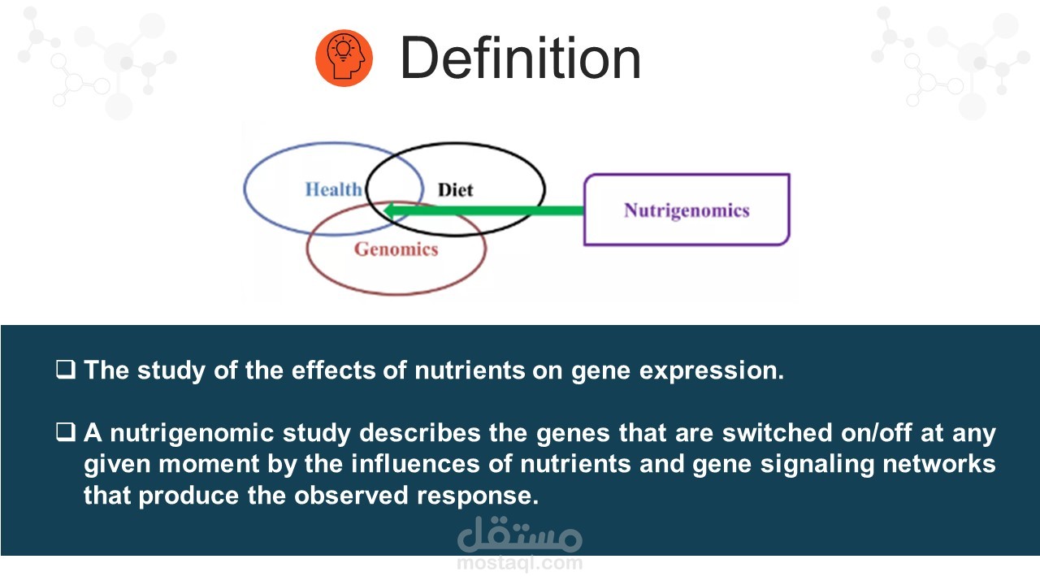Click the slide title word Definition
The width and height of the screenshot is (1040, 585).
tap(521, 58)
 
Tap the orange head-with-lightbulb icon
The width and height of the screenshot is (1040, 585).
tap(344, 58)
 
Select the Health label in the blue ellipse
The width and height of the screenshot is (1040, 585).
tap(333, 189)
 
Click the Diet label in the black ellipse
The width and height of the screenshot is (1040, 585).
tap(456, 190)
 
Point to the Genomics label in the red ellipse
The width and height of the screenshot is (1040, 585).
tap(396, 249)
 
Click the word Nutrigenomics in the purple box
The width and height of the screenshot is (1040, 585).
tap(687, 210)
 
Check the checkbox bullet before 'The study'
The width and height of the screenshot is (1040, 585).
tap(66, 370)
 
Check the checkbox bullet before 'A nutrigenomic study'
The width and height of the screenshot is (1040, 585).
tap(66, 431)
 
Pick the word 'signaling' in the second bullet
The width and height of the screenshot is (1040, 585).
tap(817, 465)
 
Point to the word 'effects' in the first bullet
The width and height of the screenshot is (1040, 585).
tap(333, 370)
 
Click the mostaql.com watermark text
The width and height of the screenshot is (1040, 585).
tap(519, 563)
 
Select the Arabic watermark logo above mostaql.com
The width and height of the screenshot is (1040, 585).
tap(519, 535)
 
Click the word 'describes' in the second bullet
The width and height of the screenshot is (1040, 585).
tap(420, 433)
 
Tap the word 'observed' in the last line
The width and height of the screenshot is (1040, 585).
tap(351, 495)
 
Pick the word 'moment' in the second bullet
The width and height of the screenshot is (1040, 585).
tap(209, 464)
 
